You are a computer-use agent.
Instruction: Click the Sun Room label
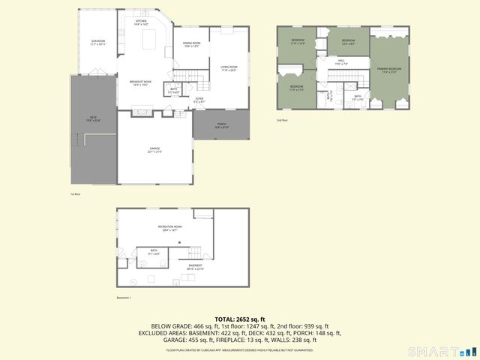[98, 42]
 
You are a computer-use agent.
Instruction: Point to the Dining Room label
[191, 44]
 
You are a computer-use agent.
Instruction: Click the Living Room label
[228, 68]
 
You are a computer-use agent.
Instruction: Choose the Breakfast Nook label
[140, 82]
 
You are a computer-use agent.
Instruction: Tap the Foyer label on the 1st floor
[199, 99]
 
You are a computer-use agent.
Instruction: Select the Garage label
[154, 150]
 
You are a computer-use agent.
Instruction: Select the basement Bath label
[153, 252]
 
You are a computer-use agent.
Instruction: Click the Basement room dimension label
[195, 267]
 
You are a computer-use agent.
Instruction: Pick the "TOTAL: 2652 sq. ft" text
[240, 319]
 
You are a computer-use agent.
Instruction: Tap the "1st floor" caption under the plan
[75, 194]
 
